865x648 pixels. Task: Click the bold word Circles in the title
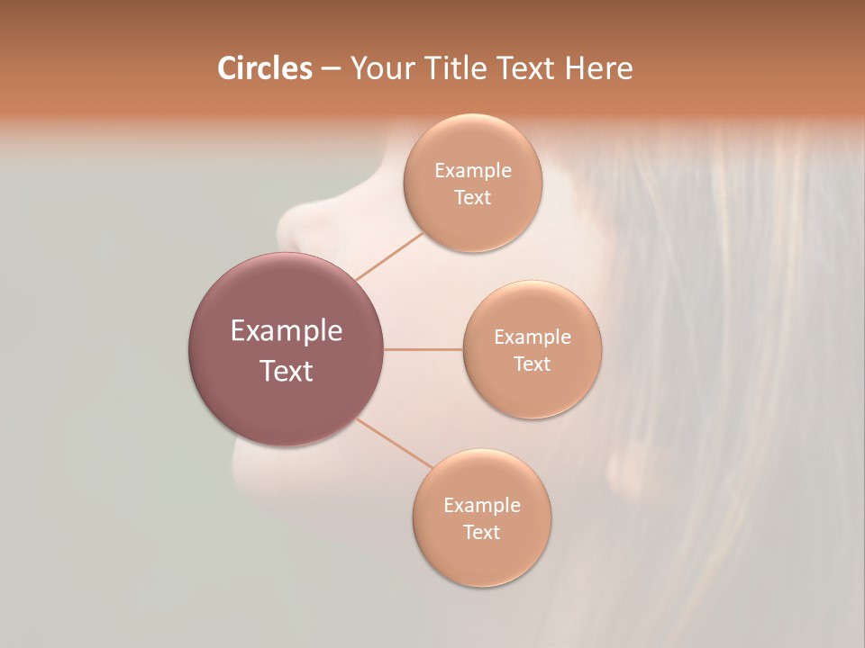[265, 68]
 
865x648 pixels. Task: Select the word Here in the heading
[598, 68]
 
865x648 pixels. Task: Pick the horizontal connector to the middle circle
[423, 349]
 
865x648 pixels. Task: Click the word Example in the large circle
[287, 331]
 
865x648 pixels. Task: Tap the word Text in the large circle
[287, 371]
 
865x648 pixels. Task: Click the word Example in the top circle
[473, 170]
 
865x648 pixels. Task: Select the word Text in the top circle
[473, 197]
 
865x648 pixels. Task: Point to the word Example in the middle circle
[533, 337]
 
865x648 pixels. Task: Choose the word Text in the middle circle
[533, 364]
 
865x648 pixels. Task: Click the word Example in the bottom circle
[482, 505]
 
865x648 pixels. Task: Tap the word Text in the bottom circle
[482, 532]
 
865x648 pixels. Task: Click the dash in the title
[331, 69]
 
